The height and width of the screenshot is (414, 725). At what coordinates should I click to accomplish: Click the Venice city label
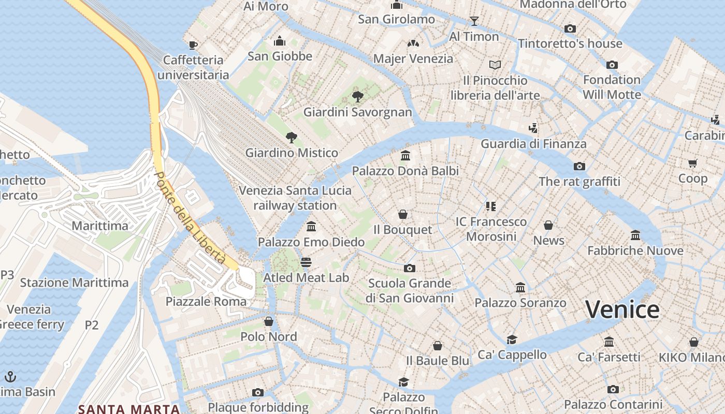tap(622, 309)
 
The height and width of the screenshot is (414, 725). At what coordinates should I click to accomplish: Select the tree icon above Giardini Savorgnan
tap(357, 96)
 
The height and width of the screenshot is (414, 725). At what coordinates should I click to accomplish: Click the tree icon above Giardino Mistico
tap(292, 137)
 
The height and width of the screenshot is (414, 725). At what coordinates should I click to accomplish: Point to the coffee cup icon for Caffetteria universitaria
tap(193, 45)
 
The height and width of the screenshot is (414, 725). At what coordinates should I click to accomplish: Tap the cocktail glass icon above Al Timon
tap(474, 21)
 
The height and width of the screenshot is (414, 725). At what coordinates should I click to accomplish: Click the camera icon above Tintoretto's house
tap(570, 28)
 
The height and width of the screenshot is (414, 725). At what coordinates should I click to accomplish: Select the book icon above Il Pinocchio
tap(495, 65)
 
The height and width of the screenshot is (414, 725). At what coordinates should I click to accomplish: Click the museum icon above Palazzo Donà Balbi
tap(405, 155)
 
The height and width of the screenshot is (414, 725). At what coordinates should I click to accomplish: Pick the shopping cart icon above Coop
tap(693, 163)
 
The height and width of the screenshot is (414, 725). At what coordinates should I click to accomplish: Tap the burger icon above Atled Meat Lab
tap(306, 262)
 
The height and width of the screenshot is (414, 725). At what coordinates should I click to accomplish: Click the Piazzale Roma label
tap(206, 301)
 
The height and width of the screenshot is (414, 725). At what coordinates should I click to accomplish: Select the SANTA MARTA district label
tap(129, 409)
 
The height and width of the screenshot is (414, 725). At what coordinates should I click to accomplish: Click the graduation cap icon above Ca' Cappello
tap(512, 339)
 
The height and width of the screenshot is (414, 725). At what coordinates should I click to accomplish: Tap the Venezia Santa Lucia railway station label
tap(295, 198)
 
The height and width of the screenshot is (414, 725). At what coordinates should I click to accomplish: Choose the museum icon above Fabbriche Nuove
tap(635, 235)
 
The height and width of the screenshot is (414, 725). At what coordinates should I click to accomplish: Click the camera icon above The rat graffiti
tap(579, 166)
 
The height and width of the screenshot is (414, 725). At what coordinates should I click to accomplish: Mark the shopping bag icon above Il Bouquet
tap(403, 214)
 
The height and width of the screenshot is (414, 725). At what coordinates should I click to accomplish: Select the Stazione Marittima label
tap(74, 283)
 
